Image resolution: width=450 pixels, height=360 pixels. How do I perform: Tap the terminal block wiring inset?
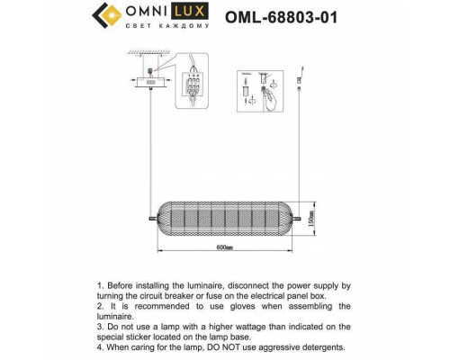pyautogui.click(x=190, y=87)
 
